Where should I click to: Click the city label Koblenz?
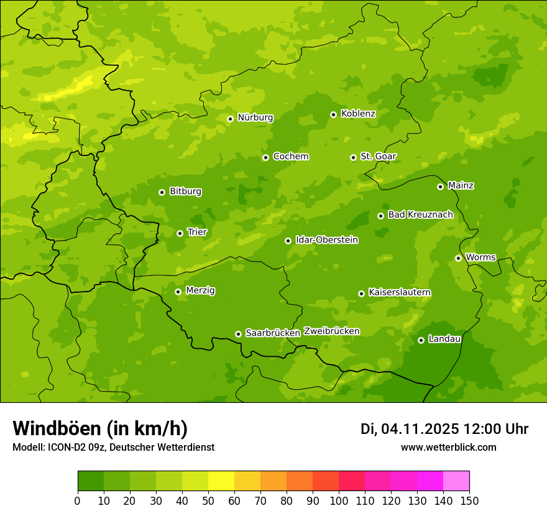[x=358, y=114]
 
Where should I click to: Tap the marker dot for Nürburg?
[x=230, y=119]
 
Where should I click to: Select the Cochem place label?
[x=290, y=157]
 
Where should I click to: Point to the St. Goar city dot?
[x=353, y=157]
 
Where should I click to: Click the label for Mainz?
[x=461, y=186]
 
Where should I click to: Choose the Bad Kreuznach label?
[x=420, y=214]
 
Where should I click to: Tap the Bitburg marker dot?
[x=162, y=192]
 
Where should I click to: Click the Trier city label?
[x=196, y=233]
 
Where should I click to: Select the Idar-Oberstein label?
[x=326, y=240]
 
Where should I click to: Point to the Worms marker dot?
[x=458, y=258]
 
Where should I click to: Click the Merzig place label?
[x=200, y=290]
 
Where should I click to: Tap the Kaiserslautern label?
[x=400, y=292]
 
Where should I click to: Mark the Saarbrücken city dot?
[x=238, y=334]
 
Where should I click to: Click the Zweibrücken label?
[x=331, y=331]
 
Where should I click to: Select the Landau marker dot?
[x=421, y=340]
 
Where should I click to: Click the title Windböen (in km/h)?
[x=100, y=428]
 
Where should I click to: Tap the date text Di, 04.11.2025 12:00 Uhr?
[x=444, y=429]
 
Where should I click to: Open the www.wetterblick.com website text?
[x=448, y=448]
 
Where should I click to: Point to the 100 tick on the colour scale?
[x=339, y=500]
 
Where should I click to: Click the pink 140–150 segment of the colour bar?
[x=456, y=481]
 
